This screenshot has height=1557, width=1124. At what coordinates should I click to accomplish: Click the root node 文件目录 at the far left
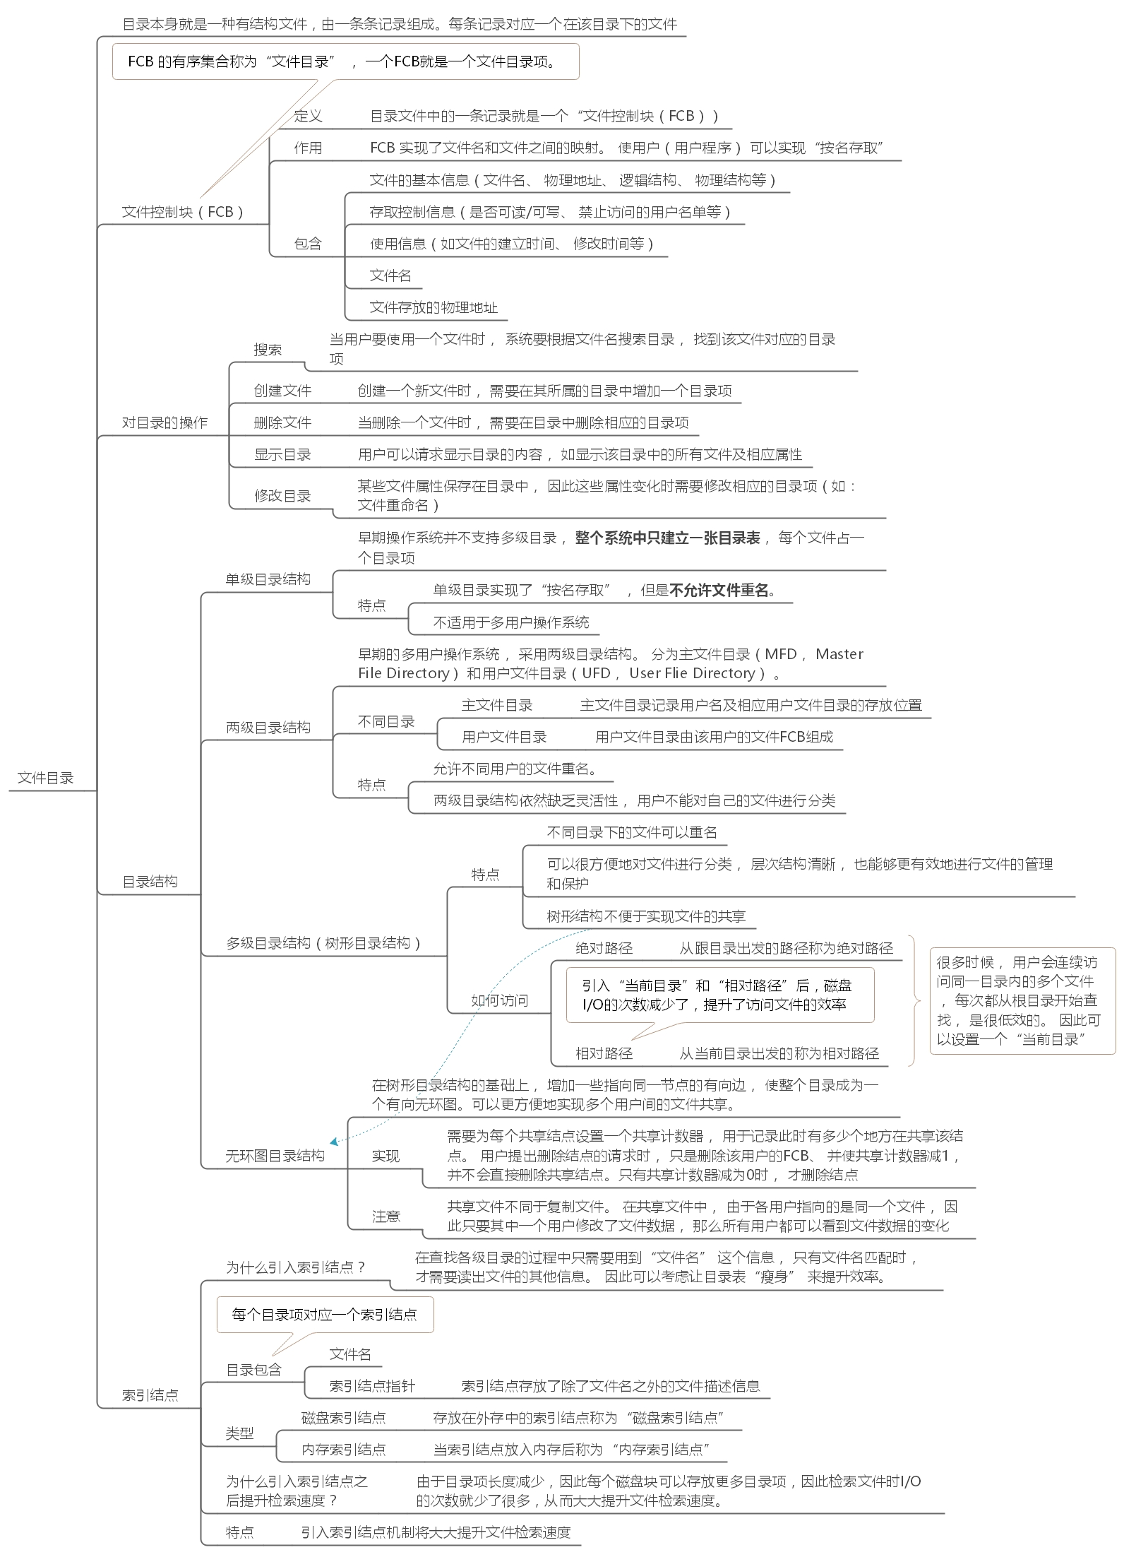(46, 778)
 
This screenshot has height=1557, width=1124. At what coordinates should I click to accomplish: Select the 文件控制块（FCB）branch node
(183, 212)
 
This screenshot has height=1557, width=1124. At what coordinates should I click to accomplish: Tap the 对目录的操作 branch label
(165, 422)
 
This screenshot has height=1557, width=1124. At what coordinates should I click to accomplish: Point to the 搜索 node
(268, 350)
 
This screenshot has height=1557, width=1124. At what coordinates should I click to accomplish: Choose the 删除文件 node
(282, 422)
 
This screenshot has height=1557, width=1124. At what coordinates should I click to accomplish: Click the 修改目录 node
(282, 496)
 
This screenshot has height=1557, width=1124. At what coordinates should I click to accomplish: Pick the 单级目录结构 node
(268, 579)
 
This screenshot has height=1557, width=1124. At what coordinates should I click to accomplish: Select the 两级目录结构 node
(268, 728)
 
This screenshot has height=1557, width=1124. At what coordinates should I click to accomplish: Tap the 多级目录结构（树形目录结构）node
(323, 943)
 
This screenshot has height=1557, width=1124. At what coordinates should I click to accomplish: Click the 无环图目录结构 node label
(275, 1156)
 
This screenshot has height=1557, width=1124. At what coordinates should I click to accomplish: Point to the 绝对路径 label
(604, 948)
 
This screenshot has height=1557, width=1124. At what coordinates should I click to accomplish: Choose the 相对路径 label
(604, 1054)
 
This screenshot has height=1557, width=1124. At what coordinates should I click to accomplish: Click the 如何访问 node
(500, 1000)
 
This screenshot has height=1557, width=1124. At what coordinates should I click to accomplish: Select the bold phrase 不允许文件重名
(719, 590)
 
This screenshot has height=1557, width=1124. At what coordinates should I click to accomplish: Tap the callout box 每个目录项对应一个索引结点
(325, 1315)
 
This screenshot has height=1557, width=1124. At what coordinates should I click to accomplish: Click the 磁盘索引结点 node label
(344, 1418)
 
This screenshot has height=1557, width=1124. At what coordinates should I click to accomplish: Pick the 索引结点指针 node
(372, 1386)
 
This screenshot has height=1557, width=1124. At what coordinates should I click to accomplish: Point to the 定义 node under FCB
(308, 116)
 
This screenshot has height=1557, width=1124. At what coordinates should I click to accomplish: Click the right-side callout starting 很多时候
(1022, 1000)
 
